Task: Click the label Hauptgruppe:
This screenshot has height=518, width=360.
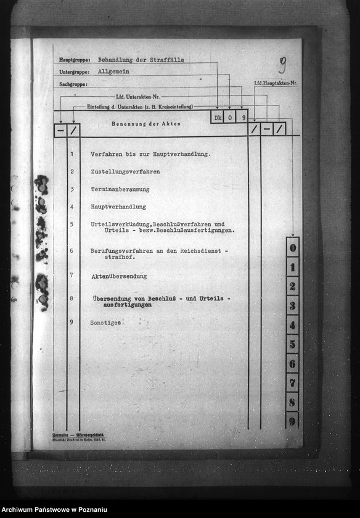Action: pos(74,60)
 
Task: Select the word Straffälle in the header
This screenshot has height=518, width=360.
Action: pos(166,60)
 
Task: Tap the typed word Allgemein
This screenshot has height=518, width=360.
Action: pos(115,72)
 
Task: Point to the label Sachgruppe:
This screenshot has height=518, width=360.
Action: pos(73,83)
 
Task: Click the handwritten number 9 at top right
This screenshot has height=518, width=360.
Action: pos(282,64)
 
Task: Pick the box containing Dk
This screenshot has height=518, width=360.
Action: pos(217,117)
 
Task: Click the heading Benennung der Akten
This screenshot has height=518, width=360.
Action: pos(146,124)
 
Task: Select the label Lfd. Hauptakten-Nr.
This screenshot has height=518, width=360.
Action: pos(275,83)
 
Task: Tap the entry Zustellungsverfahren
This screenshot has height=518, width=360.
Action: pos(125,171)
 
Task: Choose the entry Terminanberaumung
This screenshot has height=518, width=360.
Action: pos(120,189)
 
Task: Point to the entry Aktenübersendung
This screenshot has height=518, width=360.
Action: pos(119,276)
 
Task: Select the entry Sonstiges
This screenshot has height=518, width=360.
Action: pos(105,323)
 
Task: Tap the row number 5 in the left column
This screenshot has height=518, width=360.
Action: pos(72,224)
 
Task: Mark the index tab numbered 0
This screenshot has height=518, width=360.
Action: pos(293,248)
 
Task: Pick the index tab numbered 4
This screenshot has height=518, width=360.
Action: pos(293,325)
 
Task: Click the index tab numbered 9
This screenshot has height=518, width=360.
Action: pos(293,421)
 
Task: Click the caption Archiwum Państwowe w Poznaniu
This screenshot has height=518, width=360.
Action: pos(63,509)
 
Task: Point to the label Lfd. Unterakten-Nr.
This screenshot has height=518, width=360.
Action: pos(137,97)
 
